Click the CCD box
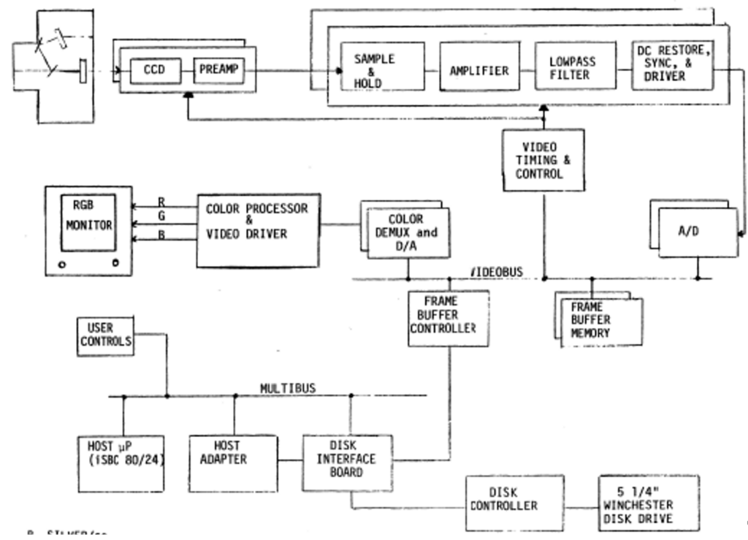tap(155, 72)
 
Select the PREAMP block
tap(218, 72)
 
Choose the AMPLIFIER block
tap(478, 71)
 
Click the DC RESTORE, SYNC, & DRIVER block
tap(671, 65)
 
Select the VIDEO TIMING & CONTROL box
tap(543, 160)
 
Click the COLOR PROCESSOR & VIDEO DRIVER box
tap(258, 221)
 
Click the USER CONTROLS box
tap(106, 335)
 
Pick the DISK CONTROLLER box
tap(515, 502)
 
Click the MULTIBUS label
tap(289, 389)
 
